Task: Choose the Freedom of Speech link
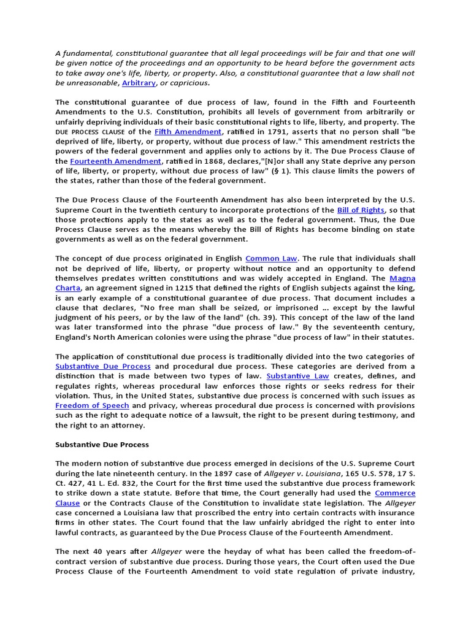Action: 92,405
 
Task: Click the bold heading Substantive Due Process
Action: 102,444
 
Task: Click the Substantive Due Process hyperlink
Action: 102,366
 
